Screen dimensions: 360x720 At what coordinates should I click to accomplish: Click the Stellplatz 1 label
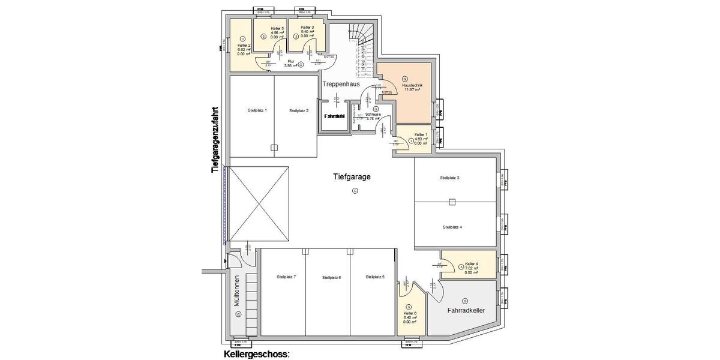tap(257, 110)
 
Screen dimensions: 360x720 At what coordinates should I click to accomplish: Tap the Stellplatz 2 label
tap(298, 110)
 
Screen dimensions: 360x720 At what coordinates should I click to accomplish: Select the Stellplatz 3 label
tap(449, 178)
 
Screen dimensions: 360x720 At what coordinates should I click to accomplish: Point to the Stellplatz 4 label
tap(452, 227)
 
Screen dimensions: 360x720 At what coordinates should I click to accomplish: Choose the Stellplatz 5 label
tap(375, 277)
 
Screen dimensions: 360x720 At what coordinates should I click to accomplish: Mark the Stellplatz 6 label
tap(331, 277)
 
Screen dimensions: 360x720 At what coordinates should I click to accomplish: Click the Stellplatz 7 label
tap(286, 277)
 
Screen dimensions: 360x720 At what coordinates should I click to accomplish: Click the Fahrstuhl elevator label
tap(334, 116)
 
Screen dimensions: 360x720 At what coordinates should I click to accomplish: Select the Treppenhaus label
tap(341, 85)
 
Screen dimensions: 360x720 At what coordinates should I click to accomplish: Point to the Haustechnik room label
tap(413, 86)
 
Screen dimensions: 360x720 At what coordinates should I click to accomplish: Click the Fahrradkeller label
tap(466, 310)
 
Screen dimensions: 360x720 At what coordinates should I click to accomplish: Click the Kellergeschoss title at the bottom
tap(256, 355)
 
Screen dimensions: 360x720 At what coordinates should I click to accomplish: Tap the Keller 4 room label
tap(471, 264)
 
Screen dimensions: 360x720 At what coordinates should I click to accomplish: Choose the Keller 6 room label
tap(410, 313)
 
